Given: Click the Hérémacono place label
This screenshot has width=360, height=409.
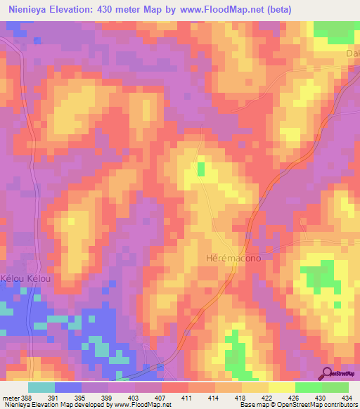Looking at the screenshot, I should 234,258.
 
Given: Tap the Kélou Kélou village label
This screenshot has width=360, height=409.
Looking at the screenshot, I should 26,279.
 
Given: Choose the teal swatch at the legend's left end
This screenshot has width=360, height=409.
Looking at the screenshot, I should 41,387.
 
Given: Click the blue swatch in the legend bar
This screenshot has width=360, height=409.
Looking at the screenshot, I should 68,387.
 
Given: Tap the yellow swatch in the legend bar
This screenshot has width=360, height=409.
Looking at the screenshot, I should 281,387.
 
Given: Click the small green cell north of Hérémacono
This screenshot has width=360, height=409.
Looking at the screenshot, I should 201,169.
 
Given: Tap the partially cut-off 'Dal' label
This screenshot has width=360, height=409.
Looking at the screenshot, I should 352,53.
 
